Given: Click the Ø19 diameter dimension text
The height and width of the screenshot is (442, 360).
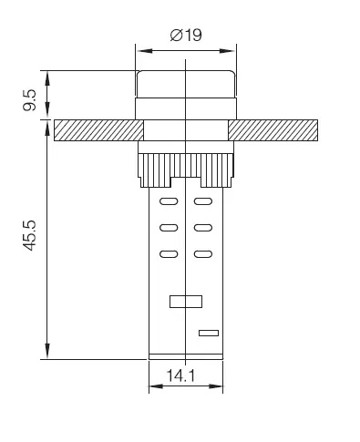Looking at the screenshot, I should tap(188, 36).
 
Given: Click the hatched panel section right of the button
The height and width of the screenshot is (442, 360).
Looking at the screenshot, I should tap(274, 130).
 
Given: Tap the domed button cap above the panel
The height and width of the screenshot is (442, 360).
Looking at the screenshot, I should tap(187, 87).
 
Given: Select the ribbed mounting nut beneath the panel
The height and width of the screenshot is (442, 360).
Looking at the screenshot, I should tap(186, 167).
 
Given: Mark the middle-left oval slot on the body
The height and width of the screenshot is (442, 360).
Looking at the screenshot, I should tap(168, 228).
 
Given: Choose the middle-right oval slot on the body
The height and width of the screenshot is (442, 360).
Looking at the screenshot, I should tap(204, 228).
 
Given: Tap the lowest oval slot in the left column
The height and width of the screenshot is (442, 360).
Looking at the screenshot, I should tap(168, 254).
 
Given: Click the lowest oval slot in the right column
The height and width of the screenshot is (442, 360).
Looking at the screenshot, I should tap(204, 254).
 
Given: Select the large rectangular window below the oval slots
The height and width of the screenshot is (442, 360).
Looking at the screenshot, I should tap(186, 302).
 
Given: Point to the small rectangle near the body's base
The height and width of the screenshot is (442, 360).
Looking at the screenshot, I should tap(208, 333).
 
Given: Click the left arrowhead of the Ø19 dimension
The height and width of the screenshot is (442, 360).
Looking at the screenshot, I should tap(139, 46).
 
